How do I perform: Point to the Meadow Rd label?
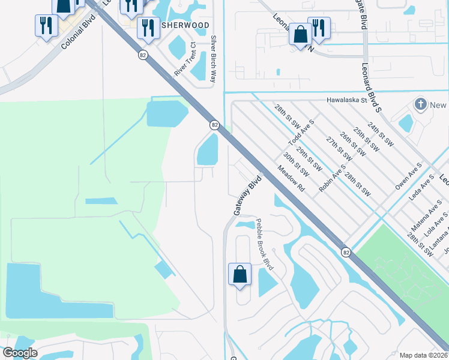point(291,179)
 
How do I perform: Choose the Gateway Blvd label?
point(240,195)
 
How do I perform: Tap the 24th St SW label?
point(381,135)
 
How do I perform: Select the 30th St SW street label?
point(297,164)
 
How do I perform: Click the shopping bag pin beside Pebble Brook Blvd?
point(240,275)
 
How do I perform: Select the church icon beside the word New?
point(420,105)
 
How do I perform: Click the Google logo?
point(20,353)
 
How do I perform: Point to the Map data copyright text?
point(423,355)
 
